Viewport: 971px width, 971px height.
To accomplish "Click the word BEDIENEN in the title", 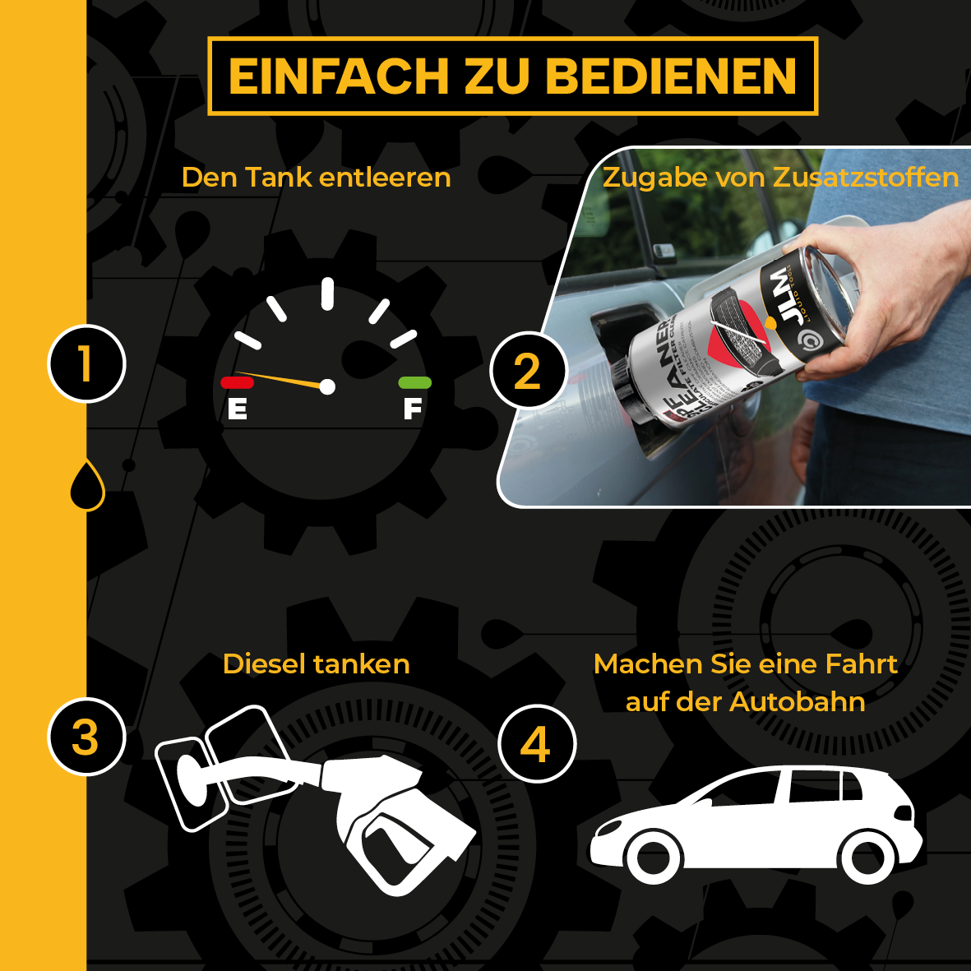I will (x=671, y=76).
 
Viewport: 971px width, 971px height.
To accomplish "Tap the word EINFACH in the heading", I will (x=338, y=76).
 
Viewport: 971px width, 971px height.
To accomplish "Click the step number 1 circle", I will (x=86, y=364).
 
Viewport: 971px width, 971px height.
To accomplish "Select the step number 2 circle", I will (x=528, y=371).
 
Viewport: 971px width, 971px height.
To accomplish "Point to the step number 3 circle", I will (x=86, y=737).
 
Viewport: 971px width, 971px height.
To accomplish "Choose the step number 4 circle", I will (x=536, y=744).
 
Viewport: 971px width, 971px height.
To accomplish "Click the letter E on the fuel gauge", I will (x=238, y=409).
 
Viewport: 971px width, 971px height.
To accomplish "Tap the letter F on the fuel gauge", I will (x=413, y=408).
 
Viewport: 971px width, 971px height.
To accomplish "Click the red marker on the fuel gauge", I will (x=237, y=382).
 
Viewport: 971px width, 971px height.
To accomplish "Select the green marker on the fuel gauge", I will (x=414, y=382).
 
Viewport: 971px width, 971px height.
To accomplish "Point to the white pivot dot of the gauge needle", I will (x=327, y=386).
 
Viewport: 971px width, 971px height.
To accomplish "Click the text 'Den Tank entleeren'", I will (x=317, y=178).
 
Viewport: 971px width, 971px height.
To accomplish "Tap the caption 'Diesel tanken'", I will (x=317, y=664).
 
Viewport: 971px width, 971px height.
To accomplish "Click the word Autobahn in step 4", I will (x=797, y=702).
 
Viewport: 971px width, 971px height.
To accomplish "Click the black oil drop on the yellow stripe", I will (x=87, y=485).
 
